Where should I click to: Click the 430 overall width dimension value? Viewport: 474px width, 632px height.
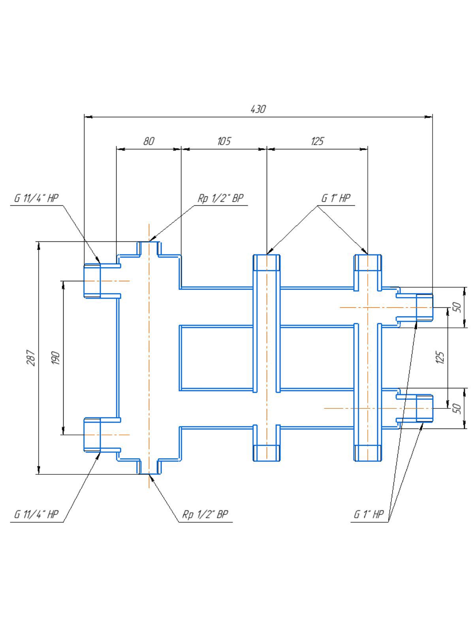click(258, 109)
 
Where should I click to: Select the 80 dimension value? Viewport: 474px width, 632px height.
click(149, 141)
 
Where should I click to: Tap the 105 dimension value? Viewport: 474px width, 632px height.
click(224, 141)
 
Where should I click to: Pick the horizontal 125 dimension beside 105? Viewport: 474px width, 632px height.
click(317, 141)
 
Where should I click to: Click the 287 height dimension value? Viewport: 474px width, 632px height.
click(31, 358)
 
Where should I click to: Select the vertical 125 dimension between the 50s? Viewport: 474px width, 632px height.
click(440, 357)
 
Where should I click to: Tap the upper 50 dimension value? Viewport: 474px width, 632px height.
click(458, 307)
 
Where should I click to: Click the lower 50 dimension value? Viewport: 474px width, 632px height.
click(458, 408)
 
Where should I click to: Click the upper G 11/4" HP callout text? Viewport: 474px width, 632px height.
click(37, 198)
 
